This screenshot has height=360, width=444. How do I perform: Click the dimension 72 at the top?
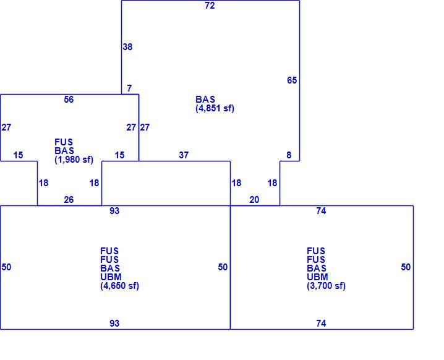pos(210,6)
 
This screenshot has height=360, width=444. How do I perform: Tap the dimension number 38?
pos(127,47)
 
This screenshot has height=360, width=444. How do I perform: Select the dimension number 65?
pos(292,80)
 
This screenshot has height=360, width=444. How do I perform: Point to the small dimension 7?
pos(129,88)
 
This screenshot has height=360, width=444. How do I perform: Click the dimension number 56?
pos(69,100)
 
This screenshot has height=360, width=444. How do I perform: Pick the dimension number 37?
pos(184,155)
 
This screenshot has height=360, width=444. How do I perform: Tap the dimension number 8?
pos(289,155)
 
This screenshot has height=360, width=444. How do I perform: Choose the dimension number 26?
pos(69,200)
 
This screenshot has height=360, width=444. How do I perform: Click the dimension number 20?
pos(254,200)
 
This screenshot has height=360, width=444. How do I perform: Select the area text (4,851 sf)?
pos(215,108)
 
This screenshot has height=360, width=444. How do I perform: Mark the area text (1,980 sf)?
pos(74,160)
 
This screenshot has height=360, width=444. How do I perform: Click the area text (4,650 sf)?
pos(120,286)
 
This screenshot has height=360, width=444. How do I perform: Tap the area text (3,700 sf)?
pos(327,286)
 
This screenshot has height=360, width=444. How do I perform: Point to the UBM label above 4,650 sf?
pos(111,276)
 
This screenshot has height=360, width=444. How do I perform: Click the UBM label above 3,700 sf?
pos(317,276)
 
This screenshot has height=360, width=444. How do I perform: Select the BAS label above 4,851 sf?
pos(205,100)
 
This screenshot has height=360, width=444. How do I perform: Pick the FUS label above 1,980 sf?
pos(64,142)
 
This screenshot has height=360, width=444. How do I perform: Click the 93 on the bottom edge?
pos(114,323)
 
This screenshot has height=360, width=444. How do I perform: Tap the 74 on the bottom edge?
pos(321,323)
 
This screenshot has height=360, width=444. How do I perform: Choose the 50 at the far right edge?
pos(406,267)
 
